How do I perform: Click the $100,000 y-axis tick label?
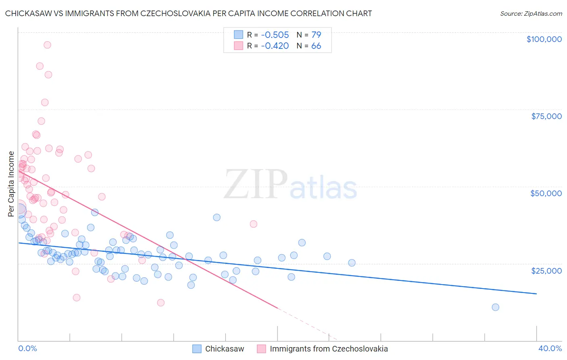click(544, 39)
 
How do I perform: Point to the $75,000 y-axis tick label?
click(546, 116)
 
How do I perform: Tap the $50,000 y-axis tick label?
click(546, 193)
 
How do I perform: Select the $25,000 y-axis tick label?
click(546, 270)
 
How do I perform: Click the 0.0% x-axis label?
click(27, 348)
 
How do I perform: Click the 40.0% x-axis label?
click(550, 348)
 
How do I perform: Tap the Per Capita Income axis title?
click(11, 184)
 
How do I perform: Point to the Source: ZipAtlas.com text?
click(531, 14)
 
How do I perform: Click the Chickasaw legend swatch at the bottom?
click(197, 349)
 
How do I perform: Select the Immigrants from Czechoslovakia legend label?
click(329, 349)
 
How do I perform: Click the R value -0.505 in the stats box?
click(275, 35)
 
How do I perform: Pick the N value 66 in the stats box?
click(316, 46)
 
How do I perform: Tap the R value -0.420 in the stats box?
click(275, 46)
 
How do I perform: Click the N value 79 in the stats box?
click(316, 35)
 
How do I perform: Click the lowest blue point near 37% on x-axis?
click(496, 307)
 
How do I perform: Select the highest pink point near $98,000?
click(47, 45)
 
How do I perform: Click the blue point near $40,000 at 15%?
click(217, 218)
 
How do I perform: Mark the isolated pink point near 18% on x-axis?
click(253, 224)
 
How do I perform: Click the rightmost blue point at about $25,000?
click(352, 263)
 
